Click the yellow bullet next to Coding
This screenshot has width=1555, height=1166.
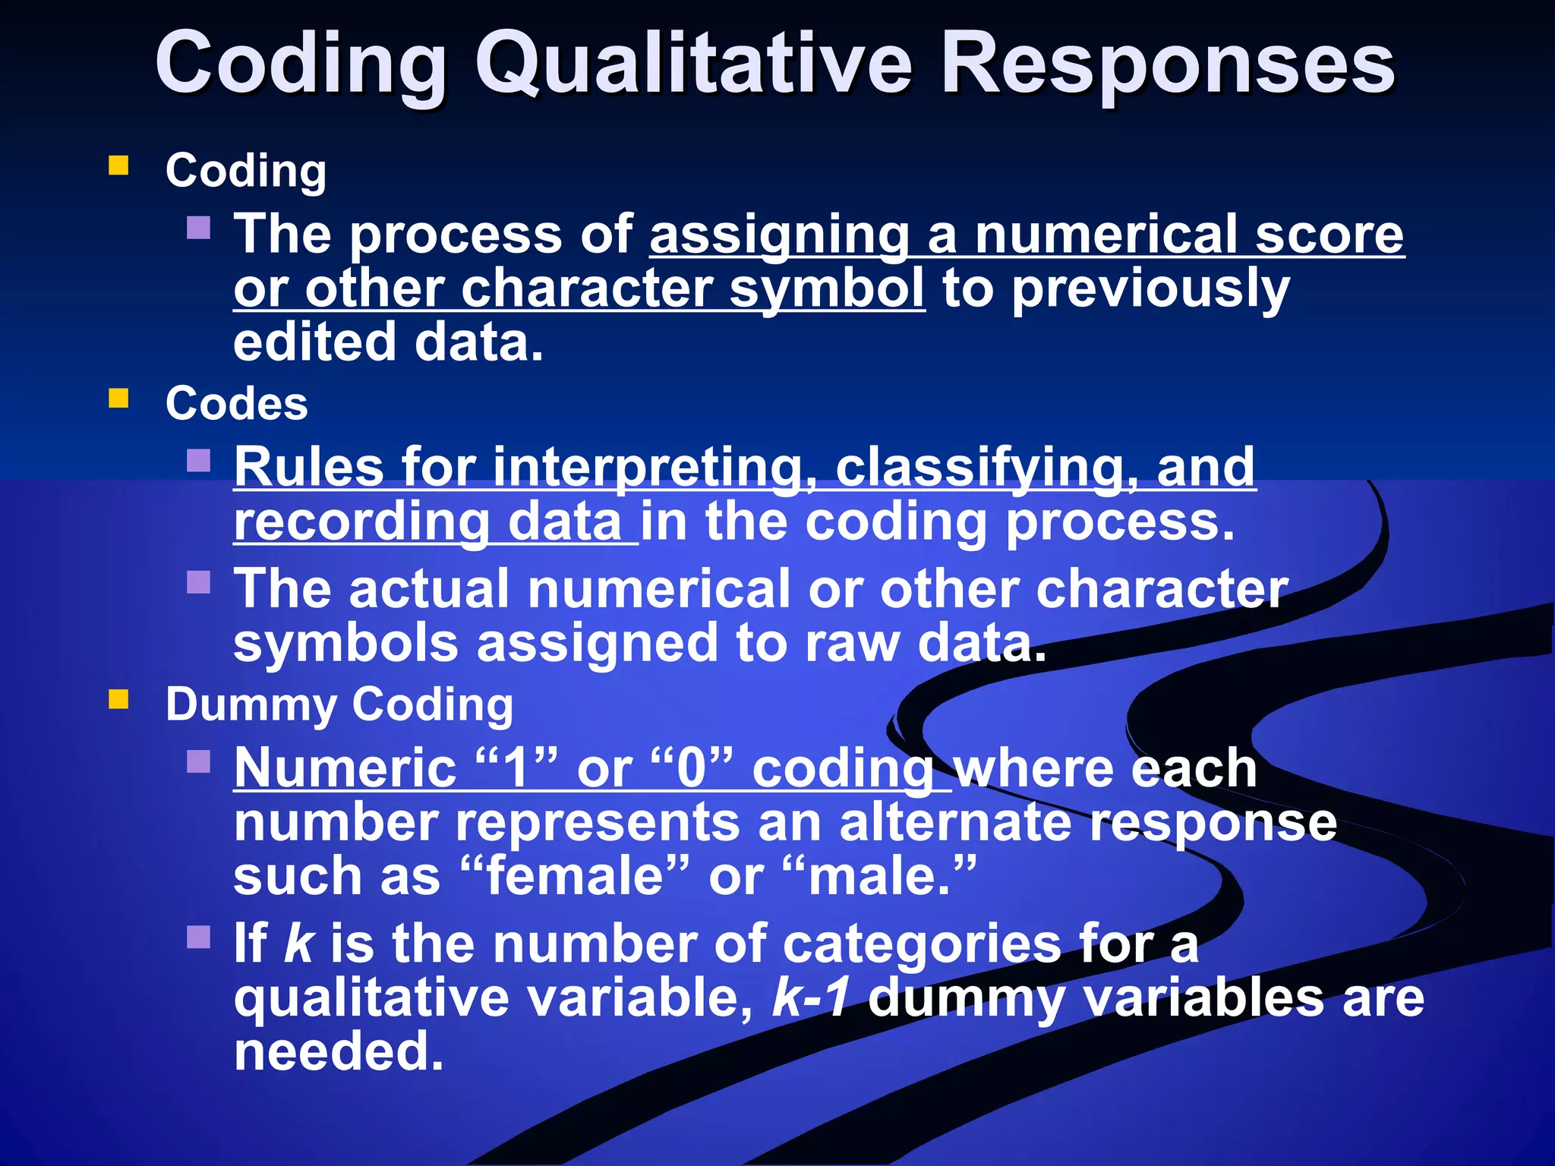[118, 165]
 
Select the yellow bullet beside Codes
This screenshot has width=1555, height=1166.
[118, 399]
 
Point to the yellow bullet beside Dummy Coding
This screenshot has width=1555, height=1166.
[118, 699]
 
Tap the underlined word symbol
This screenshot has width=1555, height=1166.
[827, 289]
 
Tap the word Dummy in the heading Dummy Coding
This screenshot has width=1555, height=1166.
[251, 705]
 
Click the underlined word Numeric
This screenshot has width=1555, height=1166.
[345, 768]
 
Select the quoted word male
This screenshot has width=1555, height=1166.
[880, 876]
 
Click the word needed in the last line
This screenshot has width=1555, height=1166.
[338, 1052]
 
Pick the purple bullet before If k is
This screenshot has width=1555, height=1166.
[198, 938]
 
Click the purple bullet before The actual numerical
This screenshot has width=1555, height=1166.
[198, 582]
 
